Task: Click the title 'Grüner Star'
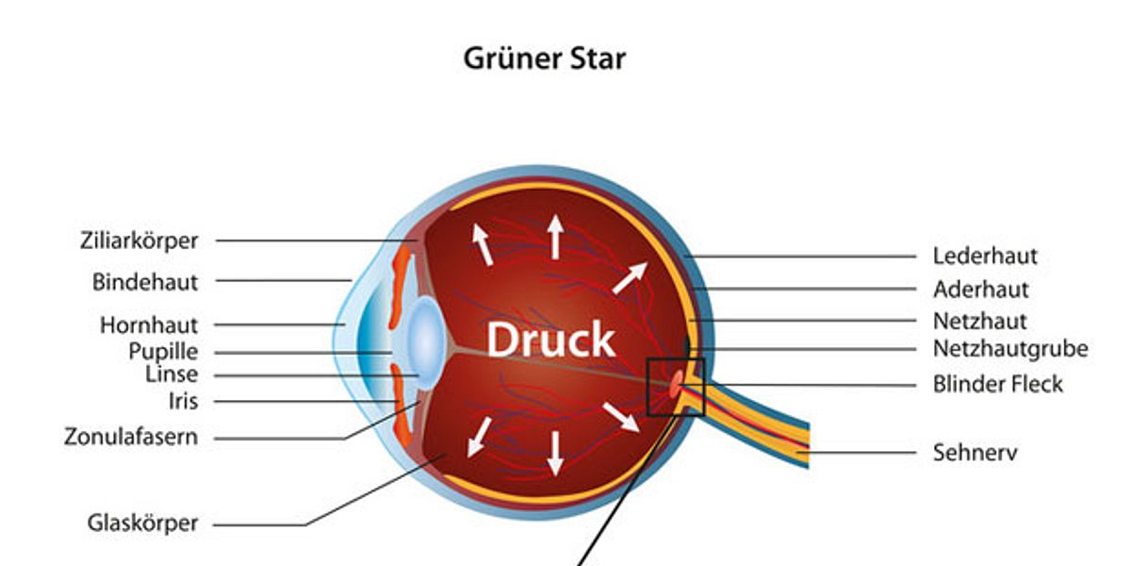(544, 58)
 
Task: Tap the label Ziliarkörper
(139, 241)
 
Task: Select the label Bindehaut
(145, 281)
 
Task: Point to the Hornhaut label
(149, 325)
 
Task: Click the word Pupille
(163, 352)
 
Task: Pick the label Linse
(172, 375)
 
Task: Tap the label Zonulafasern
(131, 438)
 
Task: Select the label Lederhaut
(985, 256)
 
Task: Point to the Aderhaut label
(980, 289)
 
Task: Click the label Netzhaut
(979, 321)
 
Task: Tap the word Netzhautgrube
(1010, 349)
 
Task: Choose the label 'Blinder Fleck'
(997, 384)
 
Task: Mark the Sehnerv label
(975, 452)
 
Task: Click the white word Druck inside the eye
(550, 340)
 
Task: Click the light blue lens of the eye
(425, 342)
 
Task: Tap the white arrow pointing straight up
(555, 236)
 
